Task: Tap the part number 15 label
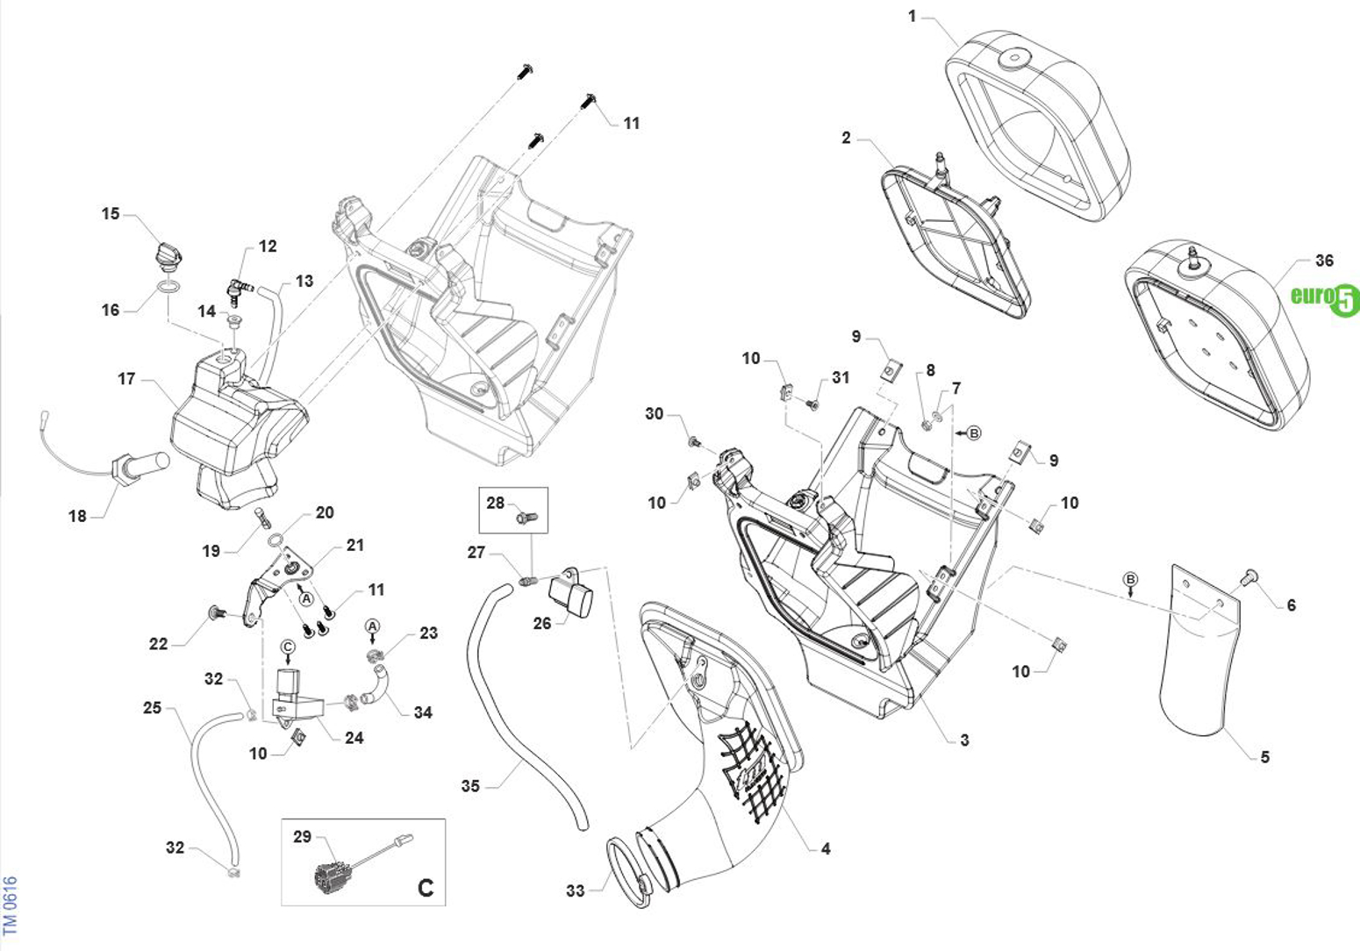(111, 214)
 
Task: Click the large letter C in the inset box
(425, 888)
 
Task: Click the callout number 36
(1324, 261)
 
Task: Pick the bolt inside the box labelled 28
(526, 517)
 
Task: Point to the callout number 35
(470, 786)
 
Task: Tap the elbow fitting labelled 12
(237, 284)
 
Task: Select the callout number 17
(126, 379)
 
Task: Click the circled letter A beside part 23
(372, 626)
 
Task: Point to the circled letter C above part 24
(288, 646)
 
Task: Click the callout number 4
(825, 848)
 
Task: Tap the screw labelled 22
(211, 612)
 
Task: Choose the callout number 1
(912, 17)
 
